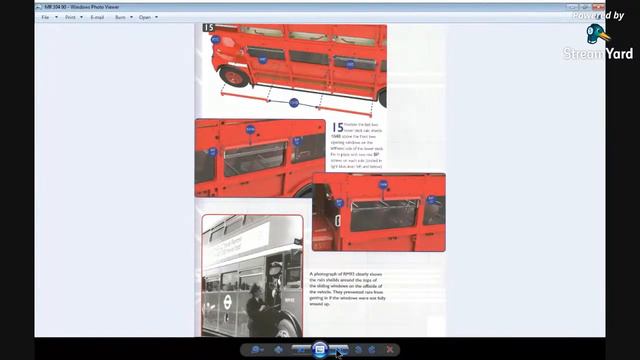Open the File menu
tap(45, 17)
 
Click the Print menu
tap(71, 17)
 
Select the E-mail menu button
tap(97, 17)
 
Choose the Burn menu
tap(121, 17)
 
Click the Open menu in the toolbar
tap(146, 17)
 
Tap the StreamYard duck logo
tap(598, 34)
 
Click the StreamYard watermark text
tap(598, 54)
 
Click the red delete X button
tap(390, 349)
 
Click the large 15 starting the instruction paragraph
tap(338, 128)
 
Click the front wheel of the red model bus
tap(234, 77)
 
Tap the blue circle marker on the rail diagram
tap(293, 103)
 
